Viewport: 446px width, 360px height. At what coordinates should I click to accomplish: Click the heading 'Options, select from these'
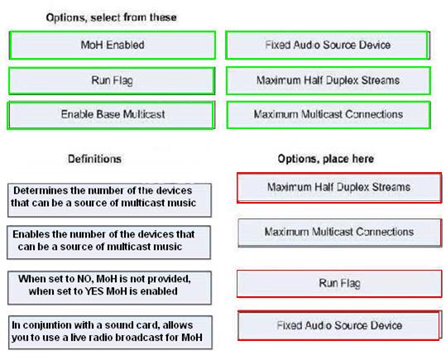[x=111, y=17]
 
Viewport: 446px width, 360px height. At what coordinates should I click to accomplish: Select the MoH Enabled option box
[x=113, y=46]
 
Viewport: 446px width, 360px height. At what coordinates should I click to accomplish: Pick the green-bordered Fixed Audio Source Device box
[x=328, y=46]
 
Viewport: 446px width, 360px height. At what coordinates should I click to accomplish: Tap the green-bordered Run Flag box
[x=112, y=81]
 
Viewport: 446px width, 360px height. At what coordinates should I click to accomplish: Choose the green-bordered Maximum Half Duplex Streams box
[x=329, y=81]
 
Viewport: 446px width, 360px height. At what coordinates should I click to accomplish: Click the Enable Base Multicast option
[x=111, y=115]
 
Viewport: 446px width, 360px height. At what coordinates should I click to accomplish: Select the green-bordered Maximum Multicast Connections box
[x=329, y=115]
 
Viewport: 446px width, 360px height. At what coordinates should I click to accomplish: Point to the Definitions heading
[x=94, y=159]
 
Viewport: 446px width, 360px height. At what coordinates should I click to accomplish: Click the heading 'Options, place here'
[x=326, y=159]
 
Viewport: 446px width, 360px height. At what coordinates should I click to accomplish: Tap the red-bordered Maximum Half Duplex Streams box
[x=339, y=188]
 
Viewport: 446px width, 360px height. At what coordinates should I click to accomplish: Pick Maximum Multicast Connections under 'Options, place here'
[x=340, y=233]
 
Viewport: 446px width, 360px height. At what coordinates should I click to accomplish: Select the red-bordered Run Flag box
[x=339, y=283]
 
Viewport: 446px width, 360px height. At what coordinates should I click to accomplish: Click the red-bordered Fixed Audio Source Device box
[x=339, y=325]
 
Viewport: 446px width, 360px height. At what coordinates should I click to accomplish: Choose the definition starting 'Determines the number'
[x=109, y=200]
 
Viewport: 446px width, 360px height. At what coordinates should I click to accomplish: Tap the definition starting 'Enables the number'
[x=109, y=242]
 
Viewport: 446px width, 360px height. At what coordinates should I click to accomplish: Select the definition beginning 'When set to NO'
[x=109, y=288]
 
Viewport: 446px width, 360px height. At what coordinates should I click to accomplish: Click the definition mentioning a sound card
[x=110, y=333]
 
